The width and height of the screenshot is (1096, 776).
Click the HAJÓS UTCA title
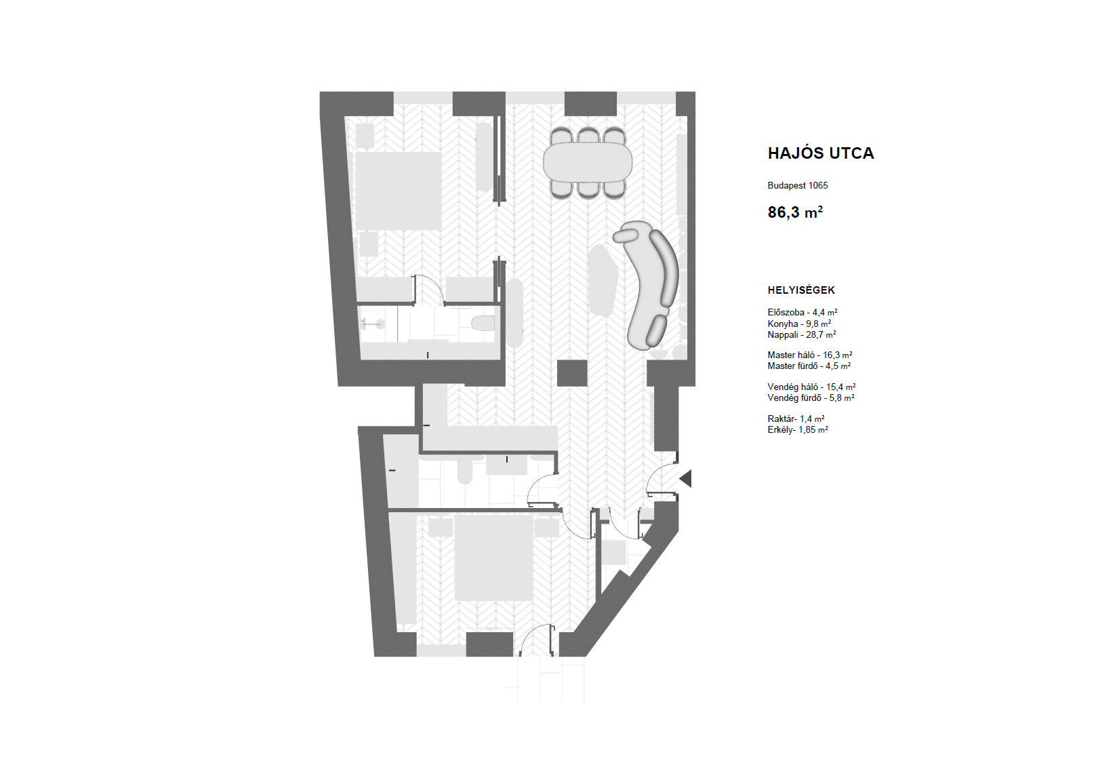(821, 153)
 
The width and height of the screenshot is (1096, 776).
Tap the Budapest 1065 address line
(798, 186)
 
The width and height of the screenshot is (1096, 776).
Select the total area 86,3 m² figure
(795, 212)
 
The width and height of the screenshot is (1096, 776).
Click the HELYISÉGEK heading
(801, 290)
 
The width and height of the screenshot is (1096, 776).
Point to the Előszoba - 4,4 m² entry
(803, 312)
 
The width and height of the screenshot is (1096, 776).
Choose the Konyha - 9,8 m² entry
(800, 324)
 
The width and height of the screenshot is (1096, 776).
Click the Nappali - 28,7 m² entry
(802, 335)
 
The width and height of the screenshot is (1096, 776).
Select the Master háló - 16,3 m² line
(810, 355)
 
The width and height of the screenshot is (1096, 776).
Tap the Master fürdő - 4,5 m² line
(809, 366)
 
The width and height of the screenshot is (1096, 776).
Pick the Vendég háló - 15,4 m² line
(812, 387)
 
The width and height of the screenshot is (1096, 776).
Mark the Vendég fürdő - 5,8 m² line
(811, 397)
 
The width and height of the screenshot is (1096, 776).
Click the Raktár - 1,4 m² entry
(796, 419)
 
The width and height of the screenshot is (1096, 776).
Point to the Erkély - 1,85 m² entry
(798, 430)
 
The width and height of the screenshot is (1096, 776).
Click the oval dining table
(588, 162)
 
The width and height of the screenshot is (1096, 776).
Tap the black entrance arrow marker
(686, 478)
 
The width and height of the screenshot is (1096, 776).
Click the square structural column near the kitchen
(573, 373)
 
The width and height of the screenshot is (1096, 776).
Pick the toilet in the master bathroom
(483, 323)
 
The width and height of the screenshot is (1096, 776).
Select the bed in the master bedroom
(399, 191)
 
